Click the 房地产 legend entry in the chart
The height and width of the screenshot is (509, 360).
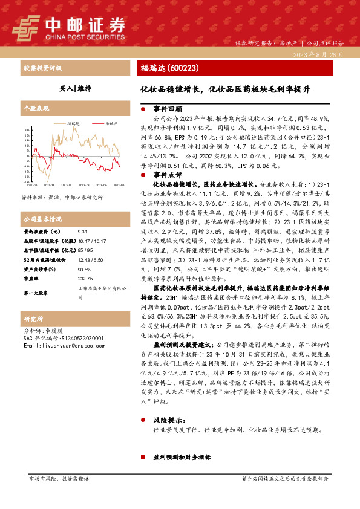pos(110,122)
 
